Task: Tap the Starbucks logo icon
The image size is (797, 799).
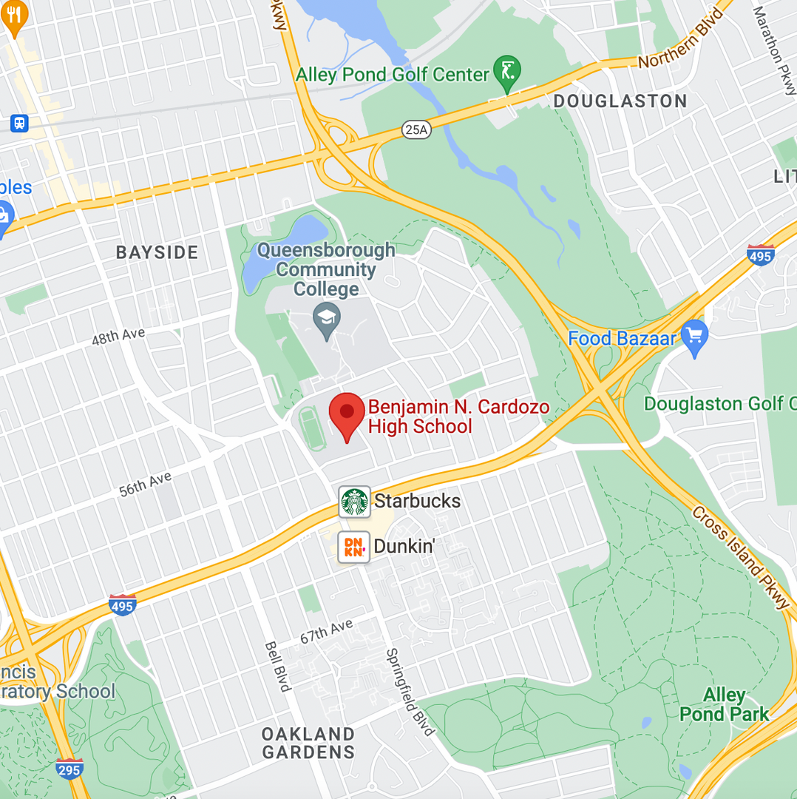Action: [x=355, y=502]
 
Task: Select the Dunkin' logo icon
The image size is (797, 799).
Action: [x=354, y=547]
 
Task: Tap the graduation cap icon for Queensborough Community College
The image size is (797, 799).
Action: [x=325, y=320]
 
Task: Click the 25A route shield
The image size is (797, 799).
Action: [x=416, y=129]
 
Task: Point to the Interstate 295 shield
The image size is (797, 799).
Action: [x=69, y=767]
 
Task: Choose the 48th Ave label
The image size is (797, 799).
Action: [x=118, y=337]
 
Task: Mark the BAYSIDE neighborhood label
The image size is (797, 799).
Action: [x=157, y=252]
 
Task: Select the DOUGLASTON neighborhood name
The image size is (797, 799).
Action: [x=620, y=101]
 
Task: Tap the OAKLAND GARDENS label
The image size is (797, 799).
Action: [x=308, y=743]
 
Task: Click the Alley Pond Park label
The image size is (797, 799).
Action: [x=725, y=704]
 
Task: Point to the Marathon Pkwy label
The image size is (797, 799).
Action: [x=773, y=50]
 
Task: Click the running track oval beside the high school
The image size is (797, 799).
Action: [x=311, y=428]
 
